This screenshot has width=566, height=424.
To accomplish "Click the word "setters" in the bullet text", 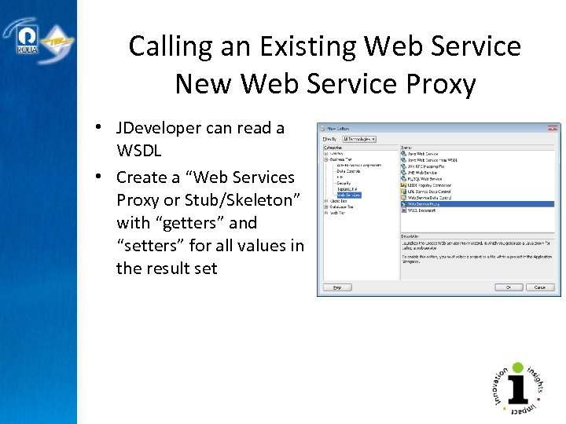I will click(x=152, y=246).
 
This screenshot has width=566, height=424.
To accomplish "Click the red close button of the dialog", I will click(x=554, y=127).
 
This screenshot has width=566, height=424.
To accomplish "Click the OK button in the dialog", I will click(x=509, y=287).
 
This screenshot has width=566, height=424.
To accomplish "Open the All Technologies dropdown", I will click(x=359, y=139).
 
